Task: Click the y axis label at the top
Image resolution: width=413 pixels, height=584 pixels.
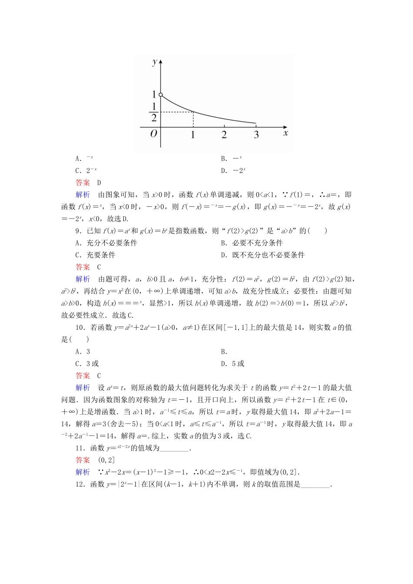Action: (155, 62)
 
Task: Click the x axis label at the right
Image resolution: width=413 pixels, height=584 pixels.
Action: (286, 133)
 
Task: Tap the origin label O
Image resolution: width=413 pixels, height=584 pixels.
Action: (153, 134)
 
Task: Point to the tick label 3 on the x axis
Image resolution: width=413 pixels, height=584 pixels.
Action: (256, 135)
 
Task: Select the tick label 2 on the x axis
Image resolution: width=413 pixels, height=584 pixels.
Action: (224, 135)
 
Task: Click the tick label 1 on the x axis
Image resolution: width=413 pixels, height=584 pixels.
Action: (193, 135)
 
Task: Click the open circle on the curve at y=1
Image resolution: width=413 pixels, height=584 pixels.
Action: (161, 95)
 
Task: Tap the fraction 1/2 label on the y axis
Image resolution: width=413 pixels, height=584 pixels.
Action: (154, 112)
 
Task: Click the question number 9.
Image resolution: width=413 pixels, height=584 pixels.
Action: (78, 231)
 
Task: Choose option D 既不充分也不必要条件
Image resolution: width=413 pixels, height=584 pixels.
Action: (263, 255)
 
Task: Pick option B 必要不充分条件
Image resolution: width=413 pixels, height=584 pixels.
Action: (252, 243)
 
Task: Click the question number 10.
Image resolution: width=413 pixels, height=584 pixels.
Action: (80, 328)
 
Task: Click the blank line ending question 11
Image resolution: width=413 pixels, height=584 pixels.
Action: (174, 448)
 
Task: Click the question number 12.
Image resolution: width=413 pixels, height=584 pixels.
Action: (80, 484)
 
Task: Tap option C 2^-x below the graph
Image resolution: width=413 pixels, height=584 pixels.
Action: (86, 171)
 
